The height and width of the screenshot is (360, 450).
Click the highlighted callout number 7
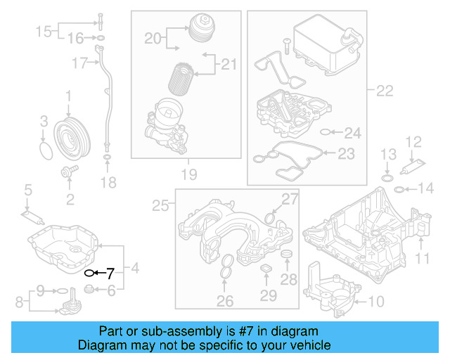109,273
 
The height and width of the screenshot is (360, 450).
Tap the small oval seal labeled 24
324,131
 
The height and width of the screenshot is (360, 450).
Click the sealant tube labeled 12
411,168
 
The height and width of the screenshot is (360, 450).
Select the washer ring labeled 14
399,189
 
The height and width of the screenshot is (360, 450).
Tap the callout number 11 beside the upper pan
422,259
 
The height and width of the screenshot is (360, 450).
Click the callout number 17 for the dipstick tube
79,63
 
